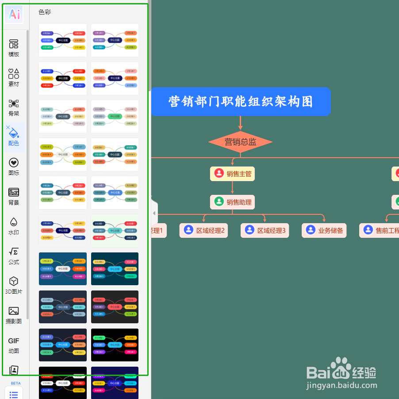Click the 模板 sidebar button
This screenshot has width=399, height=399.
pos(14,48)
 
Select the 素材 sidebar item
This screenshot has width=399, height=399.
pos(14,77)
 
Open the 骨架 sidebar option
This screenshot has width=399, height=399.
pos(14,107)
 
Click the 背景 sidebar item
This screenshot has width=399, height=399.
pos(14,196)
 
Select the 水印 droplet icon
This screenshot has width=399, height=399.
pos(14,226)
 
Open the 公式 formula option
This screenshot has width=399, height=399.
pos(14,256)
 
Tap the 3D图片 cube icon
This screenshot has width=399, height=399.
pos(14,285)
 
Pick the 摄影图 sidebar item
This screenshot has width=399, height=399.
pos(14,315)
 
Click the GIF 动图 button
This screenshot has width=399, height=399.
pos(14,345)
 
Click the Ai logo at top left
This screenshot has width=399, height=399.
pos(14,15)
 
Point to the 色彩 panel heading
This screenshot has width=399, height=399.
pos(45,12)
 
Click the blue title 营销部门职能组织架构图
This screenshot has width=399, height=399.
pos(241,102)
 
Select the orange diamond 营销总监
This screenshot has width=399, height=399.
pos(240,142)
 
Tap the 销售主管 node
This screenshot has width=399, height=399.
pos(233,174)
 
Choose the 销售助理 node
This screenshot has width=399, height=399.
pos(233,202)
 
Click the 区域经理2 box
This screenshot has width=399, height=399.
pos(204,230)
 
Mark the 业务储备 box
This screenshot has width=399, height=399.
pos(324,230)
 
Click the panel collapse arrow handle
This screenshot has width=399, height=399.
pos(154,213)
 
